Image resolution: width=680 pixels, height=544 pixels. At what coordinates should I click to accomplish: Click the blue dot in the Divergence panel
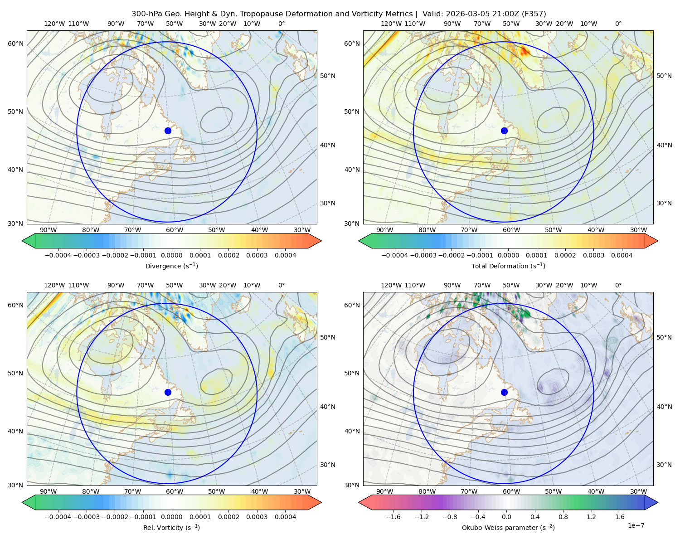[168, 131]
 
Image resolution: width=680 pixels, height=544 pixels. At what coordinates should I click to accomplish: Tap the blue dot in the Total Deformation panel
[504, 131]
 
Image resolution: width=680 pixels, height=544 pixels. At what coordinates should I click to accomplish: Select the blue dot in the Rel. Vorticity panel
[168, 392]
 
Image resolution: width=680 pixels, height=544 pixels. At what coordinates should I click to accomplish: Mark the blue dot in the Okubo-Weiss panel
[504, 392]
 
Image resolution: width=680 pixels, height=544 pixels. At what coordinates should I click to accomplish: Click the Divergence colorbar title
[171, 266]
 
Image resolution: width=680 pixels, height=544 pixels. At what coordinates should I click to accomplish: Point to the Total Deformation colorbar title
[508, 266]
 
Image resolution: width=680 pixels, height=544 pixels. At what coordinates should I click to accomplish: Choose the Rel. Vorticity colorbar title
[171, 527]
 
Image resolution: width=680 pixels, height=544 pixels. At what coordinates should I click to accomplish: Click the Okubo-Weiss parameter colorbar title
[508, 528]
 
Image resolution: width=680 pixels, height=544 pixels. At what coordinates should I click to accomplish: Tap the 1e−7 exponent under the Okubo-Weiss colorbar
[636, 525]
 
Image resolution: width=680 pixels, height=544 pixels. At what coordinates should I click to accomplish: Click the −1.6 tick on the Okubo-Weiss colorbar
[393, 517]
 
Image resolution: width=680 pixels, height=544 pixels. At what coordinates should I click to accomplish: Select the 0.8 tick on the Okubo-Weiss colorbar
[563, 517]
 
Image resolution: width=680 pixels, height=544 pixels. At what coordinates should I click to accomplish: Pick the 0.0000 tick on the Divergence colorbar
[171, 255]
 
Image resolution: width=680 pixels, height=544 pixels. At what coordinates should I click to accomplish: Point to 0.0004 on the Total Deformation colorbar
[622, 255]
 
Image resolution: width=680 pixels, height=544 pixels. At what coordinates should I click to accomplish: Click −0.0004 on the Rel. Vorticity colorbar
[58, 517]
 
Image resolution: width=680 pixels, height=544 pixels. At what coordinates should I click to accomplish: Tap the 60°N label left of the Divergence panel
[15, 44]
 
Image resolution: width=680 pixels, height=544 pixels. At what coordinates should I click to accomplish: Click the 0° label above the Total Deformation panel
[618, 24]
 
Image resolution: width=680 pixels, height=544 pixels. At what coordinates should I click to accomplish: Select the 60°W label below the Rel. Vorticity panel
[175, 491]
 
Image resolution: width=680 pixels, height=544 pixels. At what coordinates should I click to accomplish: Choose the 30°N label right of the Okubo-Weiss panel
[664, 465]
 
